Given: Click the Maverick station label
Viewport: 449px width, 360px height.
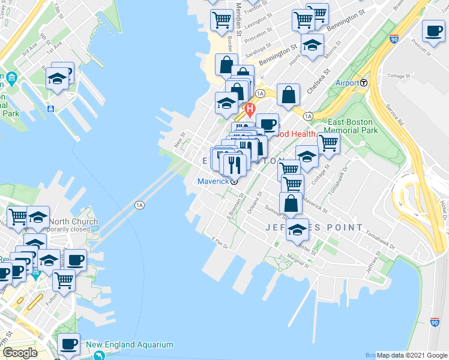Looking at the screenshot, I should pos(213,181).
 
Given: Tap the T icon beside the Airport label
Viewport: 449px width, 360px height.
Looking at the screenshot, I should pos(364,83).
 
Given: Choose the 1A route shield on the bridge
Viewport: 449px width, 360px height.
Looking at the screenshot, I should pos(140,205).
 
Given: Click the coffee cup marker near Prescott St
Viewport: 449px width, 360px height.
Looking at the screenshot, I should pos(433,31).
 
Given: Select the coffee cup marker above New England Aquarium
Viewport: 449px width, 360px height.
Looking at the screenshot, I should pos(68,344).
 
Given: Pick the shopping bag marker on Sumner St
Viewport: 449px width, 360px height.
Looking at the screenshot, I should pos(291,203).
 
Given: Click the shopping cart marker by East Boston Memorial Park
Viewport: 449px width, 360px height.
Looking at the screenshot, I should pos(328,143).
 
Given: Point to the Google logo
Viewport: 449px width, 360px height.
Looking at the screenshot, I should pos(20,353).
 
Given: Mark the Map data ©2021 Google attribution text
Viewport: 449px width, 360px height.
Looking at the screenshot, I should pos(412,355).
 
